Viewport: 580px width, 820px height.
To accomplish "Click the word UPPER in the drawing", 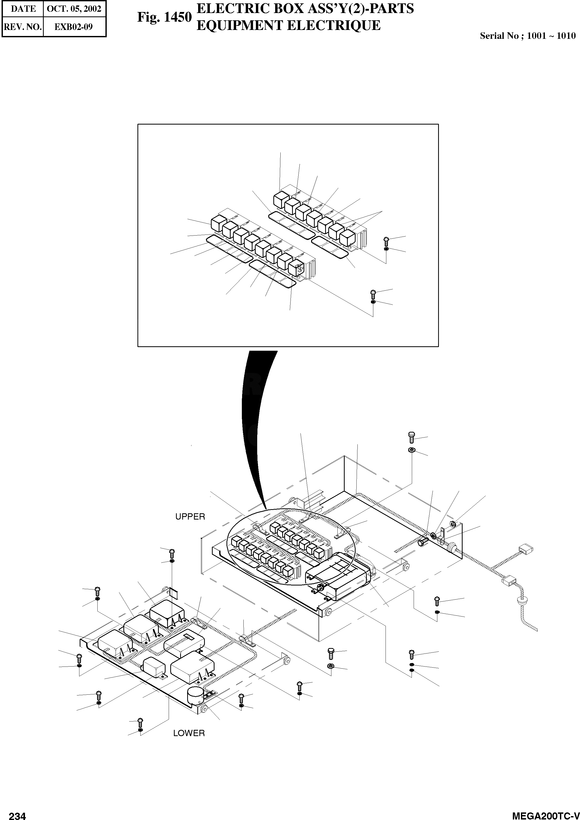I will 190,516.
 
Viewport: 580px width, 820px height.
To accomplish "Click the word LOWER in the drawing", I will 189,733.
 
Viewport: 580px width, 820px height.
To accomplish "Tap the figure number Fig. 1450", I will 164,17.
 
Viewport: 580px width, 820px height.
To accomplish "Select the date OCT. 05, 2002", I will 74,9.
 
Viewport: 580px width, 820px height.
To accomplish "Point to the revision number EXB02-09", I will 74,27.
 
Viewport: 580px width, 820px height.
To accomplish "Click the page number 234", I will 17,813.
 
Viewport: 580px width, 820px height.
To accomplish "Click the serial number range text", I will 527,36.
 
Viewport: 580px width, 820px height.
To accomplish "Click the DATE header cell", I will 23,9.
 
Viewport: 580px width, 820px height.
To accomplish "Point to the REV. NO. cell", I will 23,27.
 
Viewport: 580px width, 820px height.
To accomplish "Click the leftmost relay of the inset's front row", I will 217,223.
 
